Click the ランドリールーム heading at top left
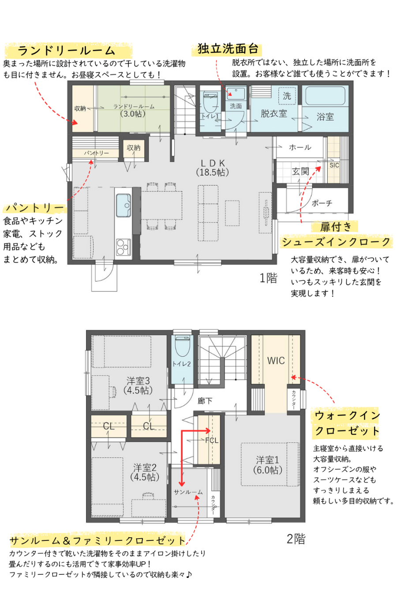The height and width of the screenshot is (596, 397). [67, 51]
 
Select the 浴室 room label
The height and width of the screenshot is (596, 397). [325, 117]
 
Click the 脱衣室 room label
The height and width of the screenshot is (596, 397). [273, 113]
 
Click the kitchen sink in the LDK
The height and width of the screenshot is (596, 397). [124, 205]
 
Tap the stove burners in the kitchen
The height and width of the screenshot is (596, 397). [124, 247]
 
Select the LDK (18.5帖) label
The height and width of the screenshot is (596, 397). [213, 168]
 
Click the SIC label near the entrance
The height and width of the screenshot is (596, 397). [334, 165]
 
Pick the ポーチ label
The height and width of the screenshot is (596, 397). [322, 203]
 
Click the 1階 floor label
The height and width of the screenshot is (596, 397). [268, 278]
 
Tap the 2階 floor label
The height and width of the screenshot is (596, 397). [296, 539]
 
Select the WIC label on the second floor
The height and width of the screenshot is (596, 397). [276, 361]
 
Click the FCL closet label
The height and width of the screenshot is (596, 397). [212, 440]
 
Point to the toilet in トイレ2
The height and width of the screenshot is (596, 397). [183, 346]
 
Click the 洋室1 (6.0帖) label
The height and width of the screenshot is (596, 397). [267, 465]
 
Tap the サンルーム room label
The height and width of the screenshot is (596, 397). [188, 492]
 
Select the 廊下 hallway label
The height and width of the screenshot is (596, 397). [205, 401]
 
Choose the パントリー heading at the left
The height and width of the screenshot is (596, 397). [35, 208]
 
